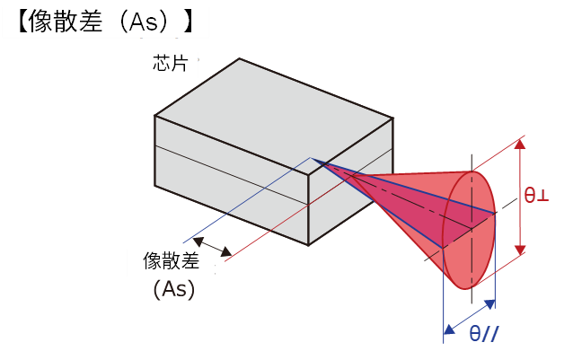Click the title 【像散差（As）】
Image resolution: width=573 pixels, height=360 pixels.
pyautogui.click(x=105, y=22)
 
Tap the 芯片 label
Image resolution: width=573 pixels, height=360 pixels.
pyautogui.click(x=171, y=65)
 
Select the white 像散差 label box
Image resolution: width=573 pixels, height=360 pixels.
pyautogui.click(x=171, y=260)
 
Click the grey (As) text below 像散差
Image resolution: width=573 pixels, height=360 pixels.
pyautogui.click(x=173, y=290)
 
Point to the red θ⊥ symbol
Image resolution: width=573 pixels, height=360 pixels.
pyautogui.click(x=536, y=194)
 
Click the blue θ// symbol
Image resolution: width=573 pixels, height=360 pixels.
pyautogui.click(x=484, y=333)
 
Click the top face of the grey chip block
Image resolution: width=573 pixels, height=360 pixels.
pyautogui.click(x=269, y=112)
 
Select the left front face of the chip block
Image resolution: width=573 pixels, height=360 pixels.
pyautogui.click(x=229, y=180)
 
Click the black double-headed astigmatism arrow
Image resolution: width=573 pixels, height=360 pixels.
pyautogui.click(x=213, y=246)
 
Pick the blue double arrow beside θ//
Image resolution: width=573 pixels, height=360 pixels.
pyautogui.click(x=469, y=312)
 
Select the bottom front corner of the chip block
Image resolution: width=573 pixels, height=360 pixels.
pyautogui.click(x=309, y=243)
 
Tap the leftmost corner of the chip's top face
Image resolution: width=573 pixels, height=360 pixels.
pyautogui.click(x=156, y=116)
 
